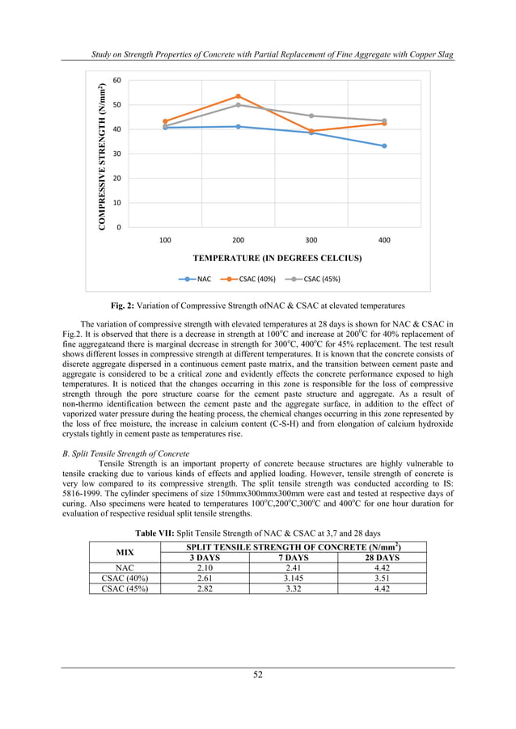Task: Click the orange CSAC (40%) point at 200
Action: (238, 96)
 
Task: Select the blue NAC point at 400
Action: (384, 146)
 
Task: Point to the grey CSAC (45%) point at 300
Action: (311, 116)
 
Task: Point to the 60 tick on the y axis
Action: (117, 80)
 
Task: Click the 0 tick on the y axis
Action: (120, 227)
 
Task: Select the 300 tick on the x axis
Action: (311, 241)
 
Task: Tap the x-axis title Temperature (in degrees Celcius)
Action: (277, 259)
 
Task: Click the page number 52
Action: (257, 676)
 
